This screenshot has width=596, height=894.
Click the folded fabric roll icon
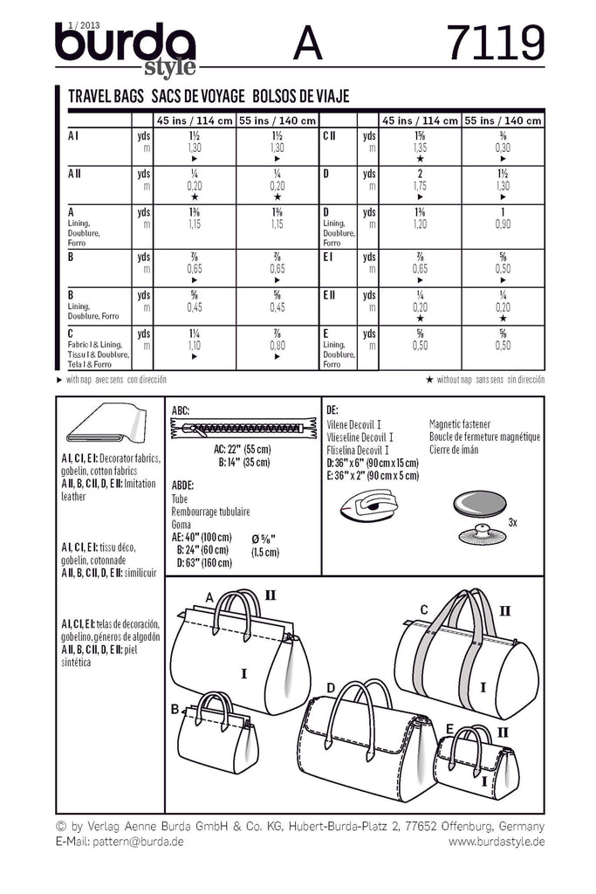coord(106,429)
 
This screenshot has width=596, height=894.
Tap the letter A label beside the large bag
coord(209,596)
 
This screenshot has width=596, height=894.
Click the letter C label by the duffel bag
coord(424,609)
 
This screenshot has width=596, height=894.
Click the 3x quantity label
coord(513,521)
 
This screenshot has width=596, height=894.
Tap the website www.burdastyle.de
coord(497,842)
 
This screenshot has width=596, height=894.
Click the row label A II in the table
coord(75,175)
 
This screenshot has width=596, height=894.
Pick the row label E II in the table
coord(331,296)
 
